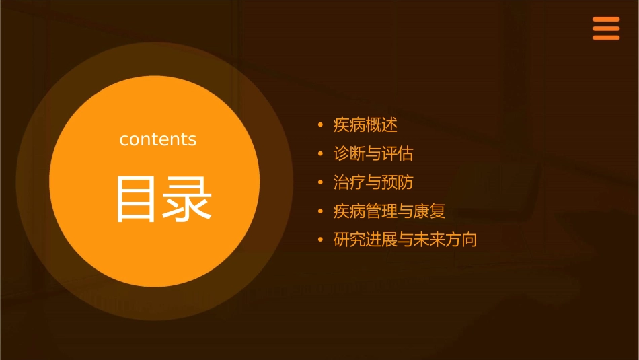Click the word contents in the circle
[x=158, y=139]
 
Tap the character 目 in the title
[x=137, y=199]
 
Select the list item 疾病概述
[x=366, y=125]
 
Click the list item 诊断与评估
[x=373, y=154]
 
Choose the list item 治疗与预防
[x=373, y=183]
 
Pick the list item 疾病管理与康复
[x=389, y=212]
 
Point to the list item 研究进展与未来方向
[x=405, y=240]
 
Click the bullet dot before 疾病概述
[x=320, y=125]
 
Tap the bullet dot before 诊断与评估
[x=320, y=154]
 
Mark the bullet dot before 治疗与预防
[x=320, y=183]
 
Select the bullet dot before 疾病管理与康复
[x=320, y=212]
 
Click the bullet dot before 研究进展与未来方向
[x=320, y=240]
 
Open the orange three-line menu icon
[x=605, y=28]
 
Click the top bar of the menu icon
[x=605, y=20]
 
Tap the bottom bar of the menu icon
[x=605, y=38]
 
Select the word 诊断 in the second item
[x=350, y=154]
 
